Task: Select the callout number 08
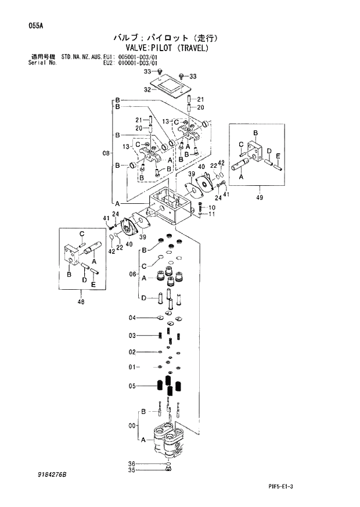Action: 106,153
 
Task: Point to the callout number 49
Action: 259,197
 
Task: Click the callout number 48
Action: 80,301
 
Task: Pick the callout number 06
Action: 132,274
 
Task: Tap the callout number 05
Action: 132,385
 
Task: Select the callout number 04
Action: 132,318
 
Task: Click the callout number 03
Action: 132,336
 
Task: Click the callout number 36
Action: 132,463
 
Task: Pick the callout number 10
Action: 211,207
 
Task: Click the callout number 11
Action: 211,214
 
